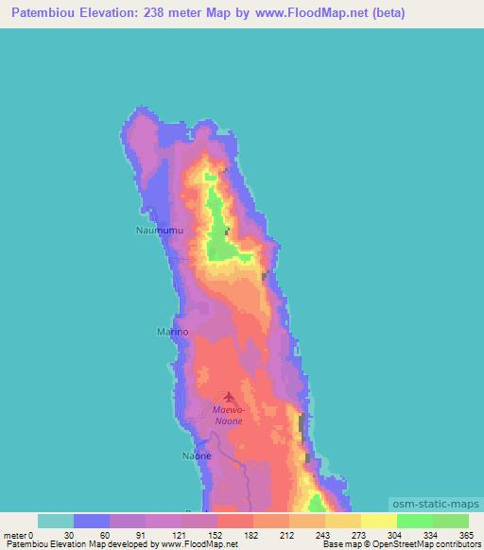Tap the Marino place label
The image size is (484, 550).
click(172, 332)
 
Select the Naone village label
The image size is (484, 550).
click(196, 455)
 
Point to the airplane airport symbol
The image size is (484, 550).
click(228, 398)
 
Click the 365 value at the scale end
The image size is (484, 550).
click(468, 535)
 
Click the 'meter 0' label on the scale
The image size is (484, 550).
click(19, 535)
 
